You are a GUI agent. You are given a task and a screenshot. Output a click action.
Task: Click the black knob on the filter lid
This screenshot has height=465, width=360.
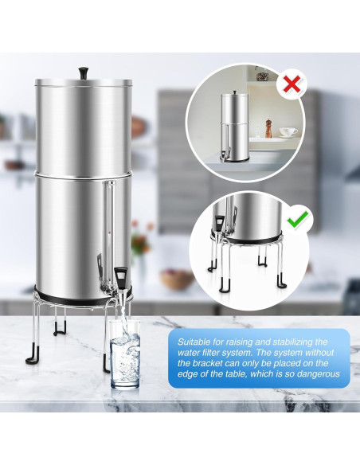tap(83, 72)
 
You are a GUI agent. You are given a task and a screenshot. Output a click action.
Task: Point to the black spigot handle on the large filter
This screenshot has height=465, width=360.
tap(120, 277)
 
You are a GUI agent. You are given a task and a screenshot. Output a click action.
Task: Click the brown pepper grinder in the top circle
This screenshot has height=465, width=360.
tap(268, 128)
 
